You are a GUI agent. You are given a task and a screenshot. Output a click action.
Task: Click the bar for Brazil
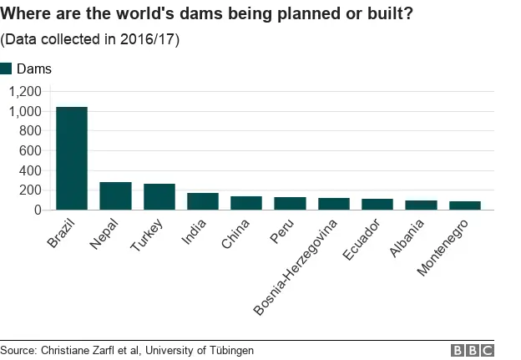pyautogui.click(x=72, y=159)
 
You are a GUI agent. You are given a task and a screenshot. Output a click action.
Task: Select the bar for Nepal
pyautogui.click(x=115, y=196)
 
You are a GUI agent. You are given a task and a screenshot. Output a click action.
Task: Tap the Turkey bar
pyautogui.click(x=159, y=197)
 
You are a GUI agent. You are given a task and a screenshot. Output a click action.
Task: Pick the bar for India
pyautogui.click(x=203, y=201)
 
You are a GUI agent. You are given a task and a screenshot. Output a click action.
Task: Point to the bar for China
pyautogui.click(x=246, y=203)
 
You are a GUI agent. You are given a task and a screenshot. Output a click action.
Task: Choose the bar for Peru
pyautogui.click(x=290, y=204)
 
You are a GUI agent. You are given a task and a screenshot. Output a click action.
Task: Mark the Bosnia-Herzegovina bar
pyautogui.click(x=333, y=204)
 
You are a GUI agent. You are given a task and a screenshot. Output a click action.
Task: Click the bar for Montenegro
pyautogui.click(x=464, y=205)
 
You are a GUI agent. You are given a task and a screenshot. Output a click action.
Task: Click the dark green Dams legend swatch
pyautogui.click(x=7, y=69)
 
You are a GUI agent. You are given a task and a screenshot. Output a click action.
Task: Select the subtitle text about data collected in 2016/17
pyautogui.click(x=89, y=39)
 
